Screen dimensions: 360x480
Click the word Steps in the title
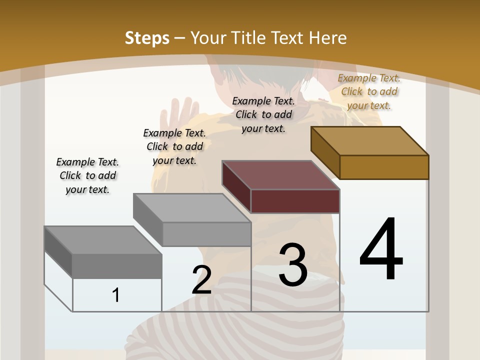click(x=147, y=38)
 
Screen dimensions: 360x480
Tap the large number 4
click(x=381, y=249)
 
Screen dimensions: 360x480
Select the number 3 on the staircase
click(x=293, y=264)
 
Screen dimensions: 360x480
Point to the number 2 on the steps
click(x=201, y=280)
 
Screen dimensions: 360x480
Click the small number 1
click(x=115, y=295)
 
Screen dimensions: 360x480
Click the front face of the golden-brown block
click(x=384, y=167)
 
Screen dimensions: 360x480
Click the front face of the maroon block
click(x=295, y=201)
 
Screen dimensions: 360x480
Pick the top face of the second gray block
click(x=192, y=208)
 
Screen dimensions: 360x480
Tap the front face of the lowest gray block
click(x=117, y=266)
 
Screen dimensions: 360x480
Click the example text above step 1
click(x=87, y=175)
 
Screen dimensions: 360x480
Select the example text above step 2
click(x=174, y=146)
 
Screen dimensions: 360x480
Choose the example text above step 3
click(x=263, y=114)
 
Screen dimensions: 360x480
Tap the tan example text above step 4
click(x=369, y=91)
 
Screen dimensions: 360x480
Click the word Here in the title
click(x=327, y=38)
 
